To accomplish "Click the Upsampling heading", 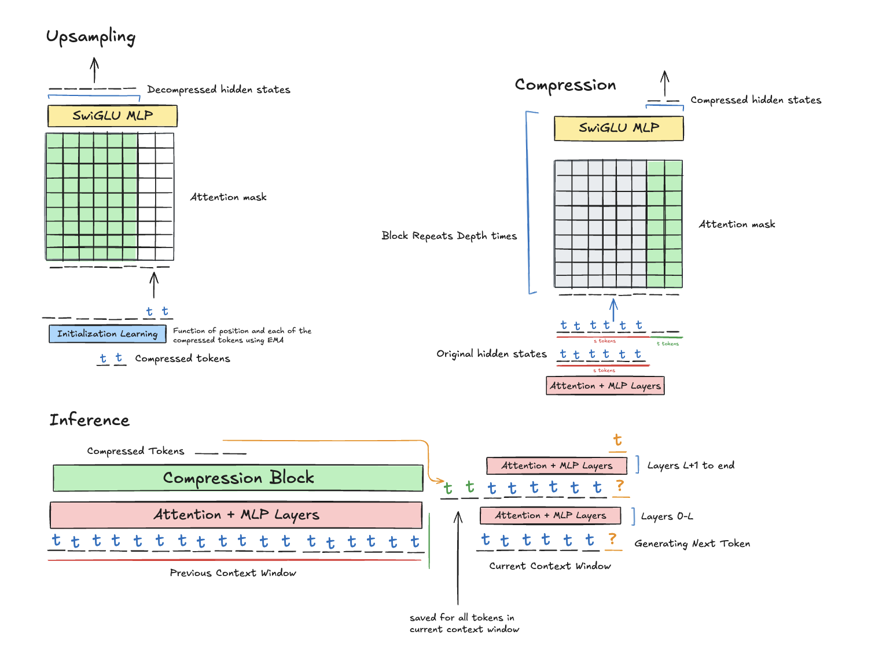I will tap(90, 37).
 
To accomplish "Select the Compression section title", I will tap(565, 85).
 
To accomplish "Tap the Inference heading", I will tap(89, 420).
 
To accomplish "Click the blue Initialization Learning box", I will tap(107, 334).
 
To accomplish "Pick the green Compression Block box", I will tap(238, 478).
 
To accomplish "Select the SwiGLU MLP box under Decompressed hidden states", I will tap(112, 116).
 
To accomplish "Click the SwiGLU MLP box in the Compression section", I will tap(619, 128).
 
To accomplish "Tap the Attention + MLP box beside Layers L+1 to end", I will tap(556, 466).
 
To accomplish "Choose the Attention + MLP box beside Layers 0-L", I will tap(550, 515).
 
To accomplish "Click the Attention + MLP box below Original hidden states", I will tap(605, 386).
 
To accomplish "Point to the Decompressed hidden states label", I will tap(218, 90).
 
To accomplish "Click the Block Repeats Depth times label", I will tap(449, 236).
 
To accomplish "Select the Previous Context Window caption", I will tap(233, 573).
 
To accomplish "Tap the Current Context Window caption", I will tap(550, 566).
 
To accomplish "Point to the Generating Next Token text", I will tap(692, 544).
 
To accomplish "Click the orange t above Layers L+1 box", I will tap(617, 441).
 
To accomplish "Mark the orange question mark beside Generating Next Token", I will tap(612, 539).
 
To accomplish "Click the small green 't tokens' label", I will tap(667, 344).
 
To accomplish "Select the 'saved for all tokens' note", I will tap(464, 623).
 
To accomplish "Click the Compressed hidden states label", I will tap(755, 100).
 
